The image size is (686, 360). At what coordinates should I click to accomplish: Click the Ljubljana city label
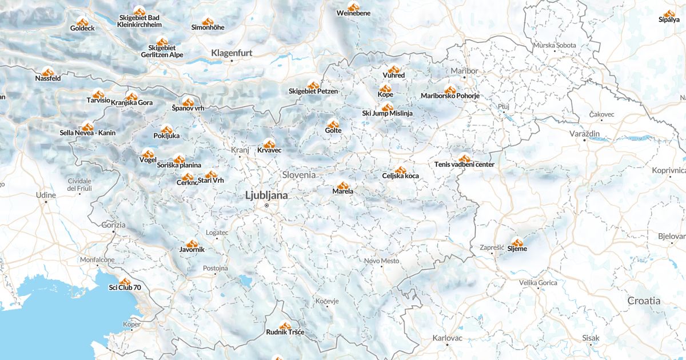tap(266, 195)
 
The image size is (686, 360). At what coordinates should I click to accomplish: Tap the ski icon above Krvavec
tap(269, 144)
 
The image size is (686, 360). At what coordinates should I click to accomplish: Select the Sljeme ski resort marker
tap(517, 242)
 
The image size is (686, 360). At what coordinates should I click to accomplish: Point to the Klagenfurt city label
tap(232, 53)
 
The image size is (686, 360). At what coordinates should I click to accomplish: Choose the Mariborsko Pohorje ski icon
tap(450, 90)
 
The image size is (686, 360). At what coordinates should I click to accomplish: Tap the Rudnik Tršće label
tap(285, 332)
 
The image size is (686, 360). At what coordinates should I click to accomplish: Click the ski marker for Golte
tap(333, 124)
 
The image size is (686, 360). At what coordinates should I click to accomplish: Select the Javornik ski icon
tap(192, 243)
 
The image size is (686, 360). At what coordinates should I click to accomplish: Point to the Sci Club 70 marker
tap(125, 281)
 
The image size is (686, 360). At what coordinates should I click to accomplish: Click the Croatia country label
tap(644, 301)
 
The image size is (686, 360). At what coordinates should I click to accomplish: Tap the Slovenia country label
tap(298, 174)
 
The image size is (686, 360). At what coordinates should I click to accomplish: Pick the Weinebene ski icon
tap(354, 7)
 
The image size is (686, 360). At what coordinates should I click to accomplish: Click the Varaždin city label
tap(584, 133)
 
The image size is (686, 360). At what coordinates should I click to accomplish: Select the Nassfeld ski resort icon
tap(48, 72)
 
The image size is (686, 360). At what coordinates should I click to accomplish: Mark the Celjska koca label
tap(400, 176)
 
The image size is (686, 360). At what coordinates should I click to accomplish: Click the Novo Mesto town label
tap(382, 261)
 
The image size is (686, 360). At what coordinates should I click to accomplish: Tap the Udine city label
tap(46, 195)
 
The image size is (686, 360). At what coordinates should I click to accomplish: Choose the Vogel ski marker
tap(148, 154)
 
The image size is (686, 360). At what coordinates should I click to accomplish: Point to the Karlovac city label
tap(447, 338)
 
